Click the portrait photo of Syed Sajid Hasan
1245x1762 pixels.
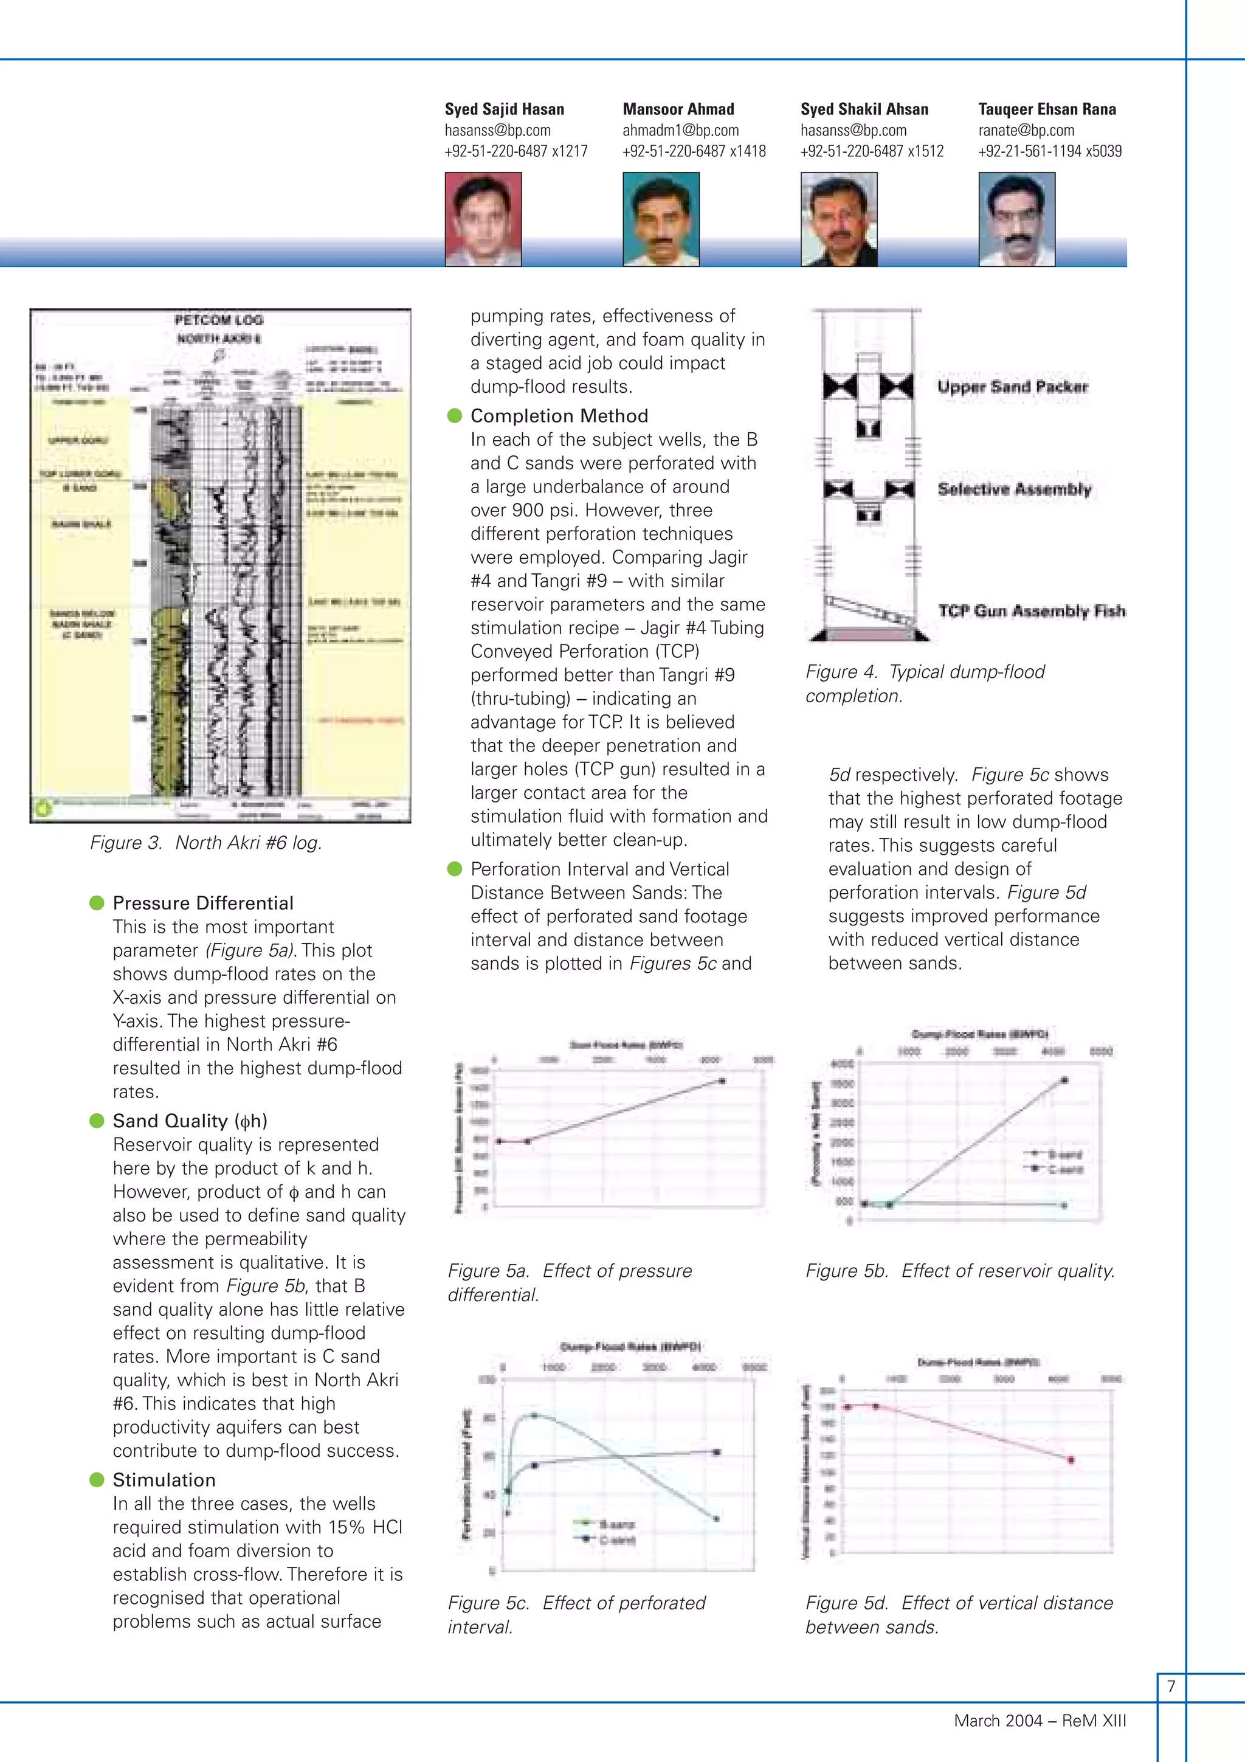click(x=483, y=219)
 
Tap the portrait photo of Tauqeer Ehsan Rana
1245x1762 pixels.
click(x=1016, y=219)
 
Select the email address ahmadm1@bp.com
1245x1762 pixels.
click(x=680, y=131)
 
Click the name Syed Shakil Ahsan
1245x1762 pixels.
click(x=864, y=109)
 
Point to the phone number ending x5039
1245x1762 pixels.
click(x=1049, y=151)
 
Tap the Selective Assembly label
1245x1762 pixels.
click(x=1014, y=489)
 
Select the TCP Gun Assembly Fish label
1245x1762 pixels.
click(x=1032, y=611)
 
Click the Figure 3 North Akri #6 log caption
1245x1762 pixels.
click(x=205, y=843)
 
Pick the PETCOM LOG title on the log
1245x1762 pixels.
click(x=219, y=320)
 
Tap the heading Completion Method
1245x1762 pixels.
click(x=559, y=416)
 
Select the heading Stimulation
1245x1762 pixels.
click(x=164, y=1480)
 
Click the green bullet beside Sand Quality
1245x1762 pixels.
click(x=97, y=1121)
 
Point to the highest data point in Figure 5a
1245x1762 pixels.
click(x=722, y=1080)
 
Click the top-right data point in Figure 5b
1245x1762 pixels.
click(x=1064, y=1080)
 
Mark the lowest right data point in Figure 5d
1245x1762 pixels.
click(x=1071, y=1460)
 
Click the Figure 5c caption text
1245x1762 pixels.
click(x=576, y=1615)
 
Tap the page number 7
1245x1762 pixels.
click(x=1171, y=1686)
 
